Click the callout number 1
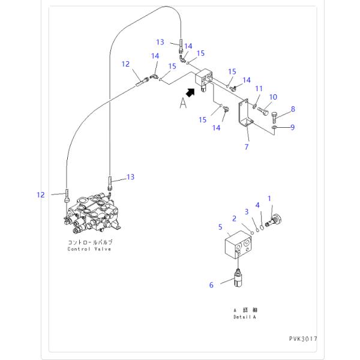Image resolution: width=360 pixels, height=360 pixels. click(269, 198)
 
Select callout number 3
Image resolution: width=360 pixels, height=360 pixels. click(245, 211)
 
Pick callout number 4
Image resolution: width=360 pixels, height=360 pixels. click(257, 205)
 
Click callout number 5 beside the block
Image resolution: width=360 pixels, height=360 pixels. click(220, 227)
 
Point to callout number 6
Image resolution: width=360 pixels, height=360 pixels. click(211, 285)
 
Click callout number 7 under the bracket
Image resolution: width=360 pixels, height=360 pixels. click(246, 146)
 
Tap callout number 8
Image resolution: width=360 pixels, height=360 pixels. click(293, 109)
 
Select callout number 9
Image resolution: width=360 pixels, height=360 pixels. click(293, 127)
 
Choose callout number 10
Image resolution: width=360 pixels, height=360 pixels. click(273, 97)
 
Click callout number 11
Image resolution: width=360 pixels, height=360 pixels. click(259, 89)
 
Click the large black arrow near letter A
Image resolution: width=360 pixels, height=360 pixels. click(191, 92)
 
